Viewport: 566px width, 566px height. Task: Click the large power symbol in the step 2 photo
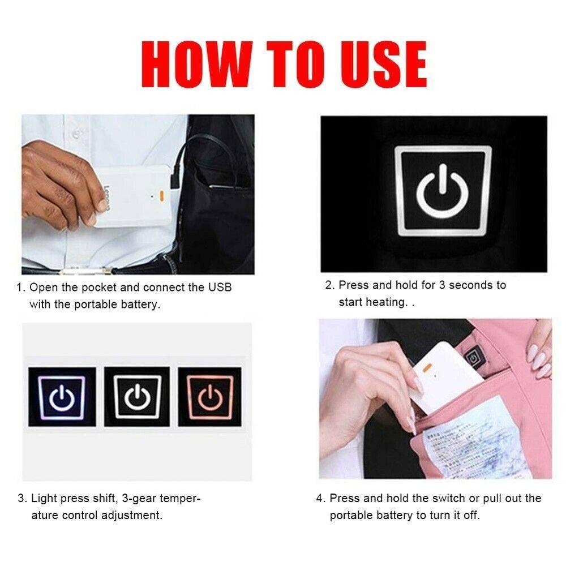coord(443,190)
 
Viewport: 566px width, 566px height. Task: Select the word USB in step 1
coord(220,288)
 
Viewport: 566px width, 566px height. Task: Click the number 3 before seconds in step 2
coord(443,285)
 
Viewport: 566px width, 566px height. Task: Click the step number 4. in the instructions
coord(321,499)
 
